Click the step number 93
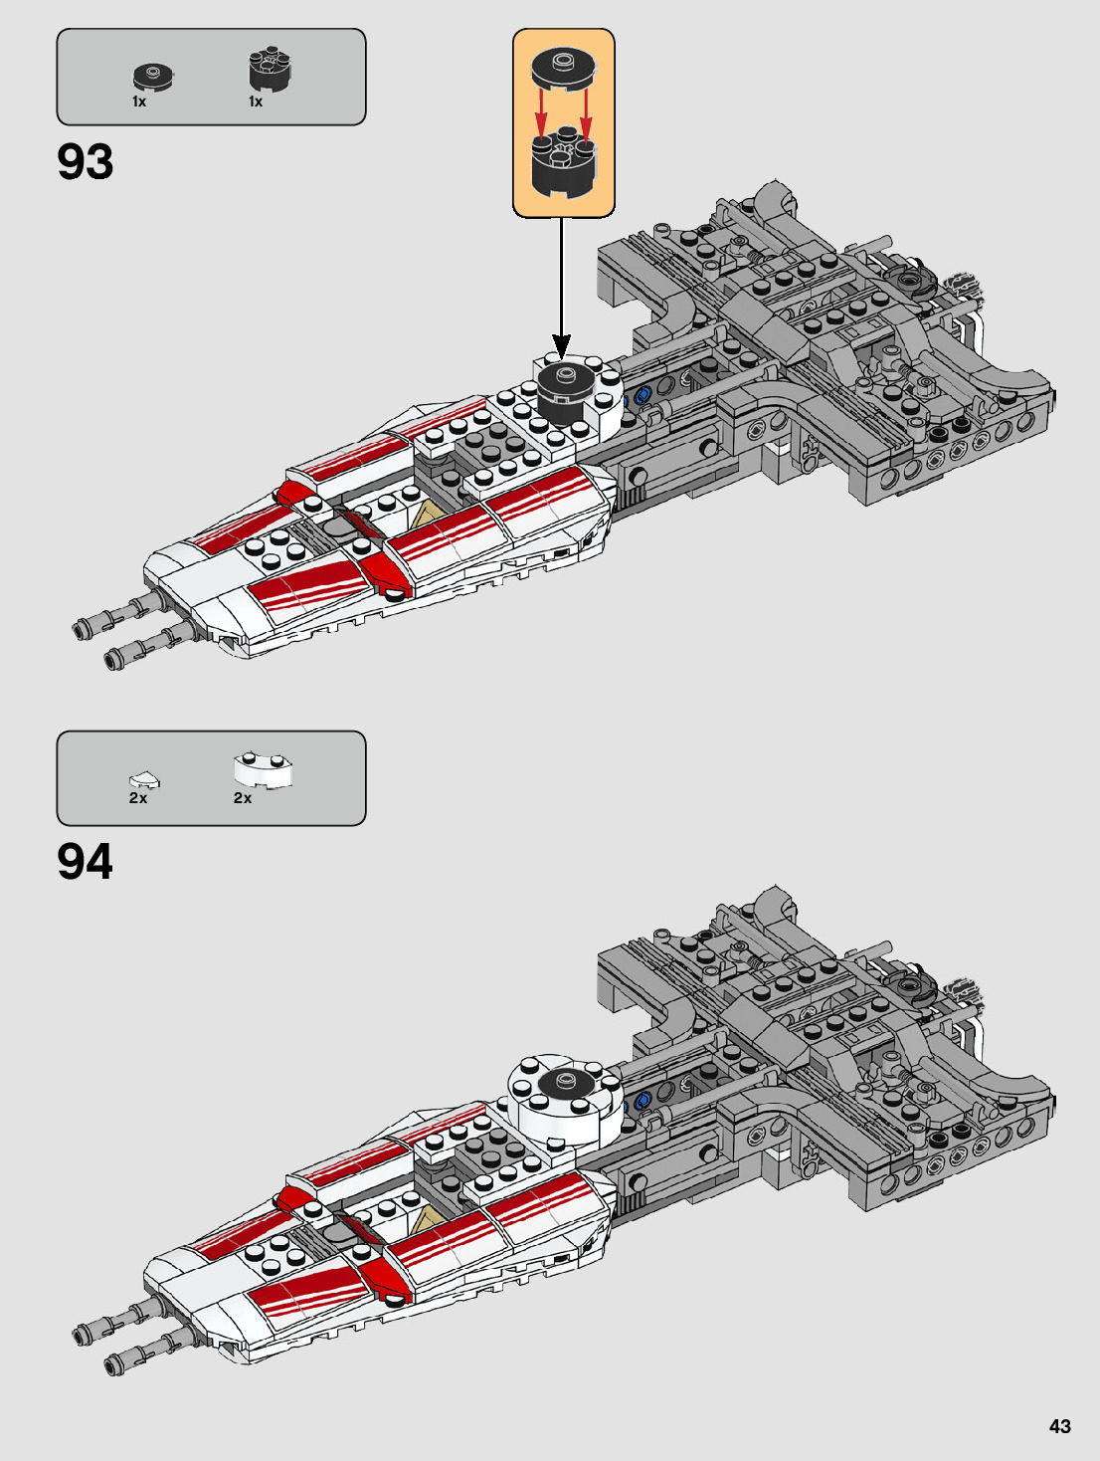click(x=86, y=162)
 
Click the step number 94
click(x=86, y=862)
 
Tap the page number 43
click(x=1059, y=1426)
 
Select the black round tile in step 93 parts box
click(x=152, y=76)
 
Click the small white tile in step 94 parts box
click(x=143, y=779)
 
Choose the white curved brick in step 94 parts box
click(x=264, y=769)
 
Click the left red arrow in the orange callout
click(x=540, y=112)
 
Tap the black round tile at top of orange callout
click(x=563, y=68)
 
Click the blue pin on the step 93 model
click(x=641, y=395)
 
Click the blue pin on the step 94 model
click(x=641, y=1100)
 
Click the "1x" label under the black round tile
click(x=139, y=102)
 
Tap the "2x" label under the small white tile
click(x=138, y=798)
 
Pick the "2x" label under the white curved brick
click(x=243, y=798)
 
